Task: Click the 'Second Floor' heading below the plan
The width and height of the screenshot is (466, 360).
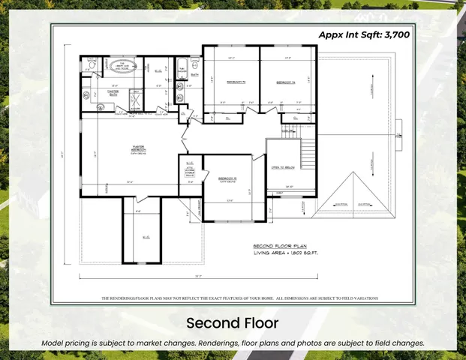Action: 233,323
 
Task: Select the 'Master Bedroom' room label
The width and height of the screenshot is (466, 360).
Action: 138,148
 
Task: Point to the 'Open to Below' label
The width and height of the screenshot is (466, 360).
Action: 282,166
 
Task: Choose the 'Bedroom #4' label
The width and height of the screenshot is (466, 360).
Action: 286,82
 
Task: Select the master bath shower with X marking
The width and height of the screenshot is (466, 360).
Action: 136,100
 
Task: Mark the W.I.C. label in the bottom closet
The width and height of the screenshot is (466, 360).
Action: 144,237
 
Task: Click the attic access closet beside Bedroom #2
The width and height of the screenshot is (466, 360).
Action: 189,168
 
